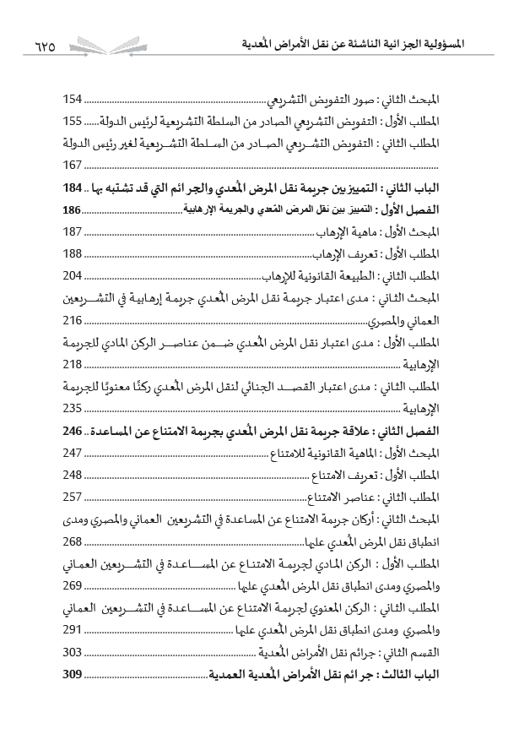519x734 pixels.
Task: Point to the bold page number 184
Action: coord(75,187)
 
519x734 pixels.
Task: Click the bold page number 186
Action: coord(74,208)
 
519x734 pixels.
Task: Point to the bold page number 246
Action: coord(75,431)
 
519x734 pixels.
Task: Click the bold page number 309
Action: coord(74,674)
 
